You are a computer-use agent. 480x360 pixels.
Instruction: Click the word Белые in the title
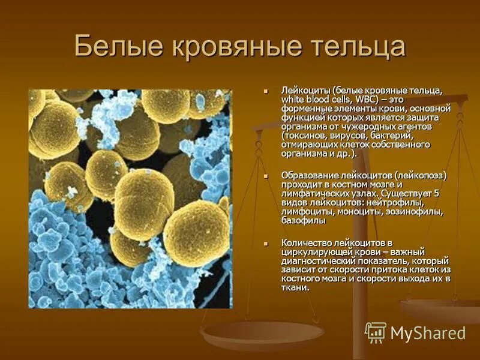pyautogui.click(x=118, y=47)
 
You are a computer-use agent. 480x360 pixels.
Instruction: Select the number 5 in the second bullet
pyautogui.click(x=436, y=194)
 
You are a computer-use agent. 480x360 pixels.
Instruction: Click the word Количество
pyautogui.click(x=308, y=242)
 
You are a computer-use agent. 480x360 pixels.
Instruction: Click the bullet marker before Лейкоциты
pyautogui.click(x=265, y=91)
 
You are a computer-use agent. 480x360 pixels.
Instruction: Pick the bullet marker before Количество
pyautogui.click(x=265, y=242)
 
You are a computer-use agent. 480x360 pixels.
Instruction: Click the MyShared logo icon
pyautogui.click(x=376, y=332)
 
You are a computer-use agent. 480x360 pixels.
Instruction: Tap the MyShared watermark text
pyautogui.click(x=428, y=333)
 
